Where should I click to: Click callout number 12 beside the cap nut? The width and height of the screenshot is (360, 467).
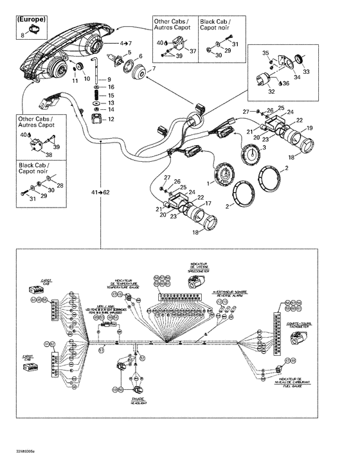[x=112, y=119]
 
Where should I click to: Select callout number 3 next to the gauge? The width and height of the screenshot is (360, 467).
[x=262, y=147]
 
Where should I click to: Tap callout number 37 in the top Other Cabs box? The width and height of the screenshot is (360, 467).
[x=191, y=52]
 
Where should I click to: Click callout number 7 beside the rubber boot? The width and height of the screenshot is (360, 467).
[x=153, y=69]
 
